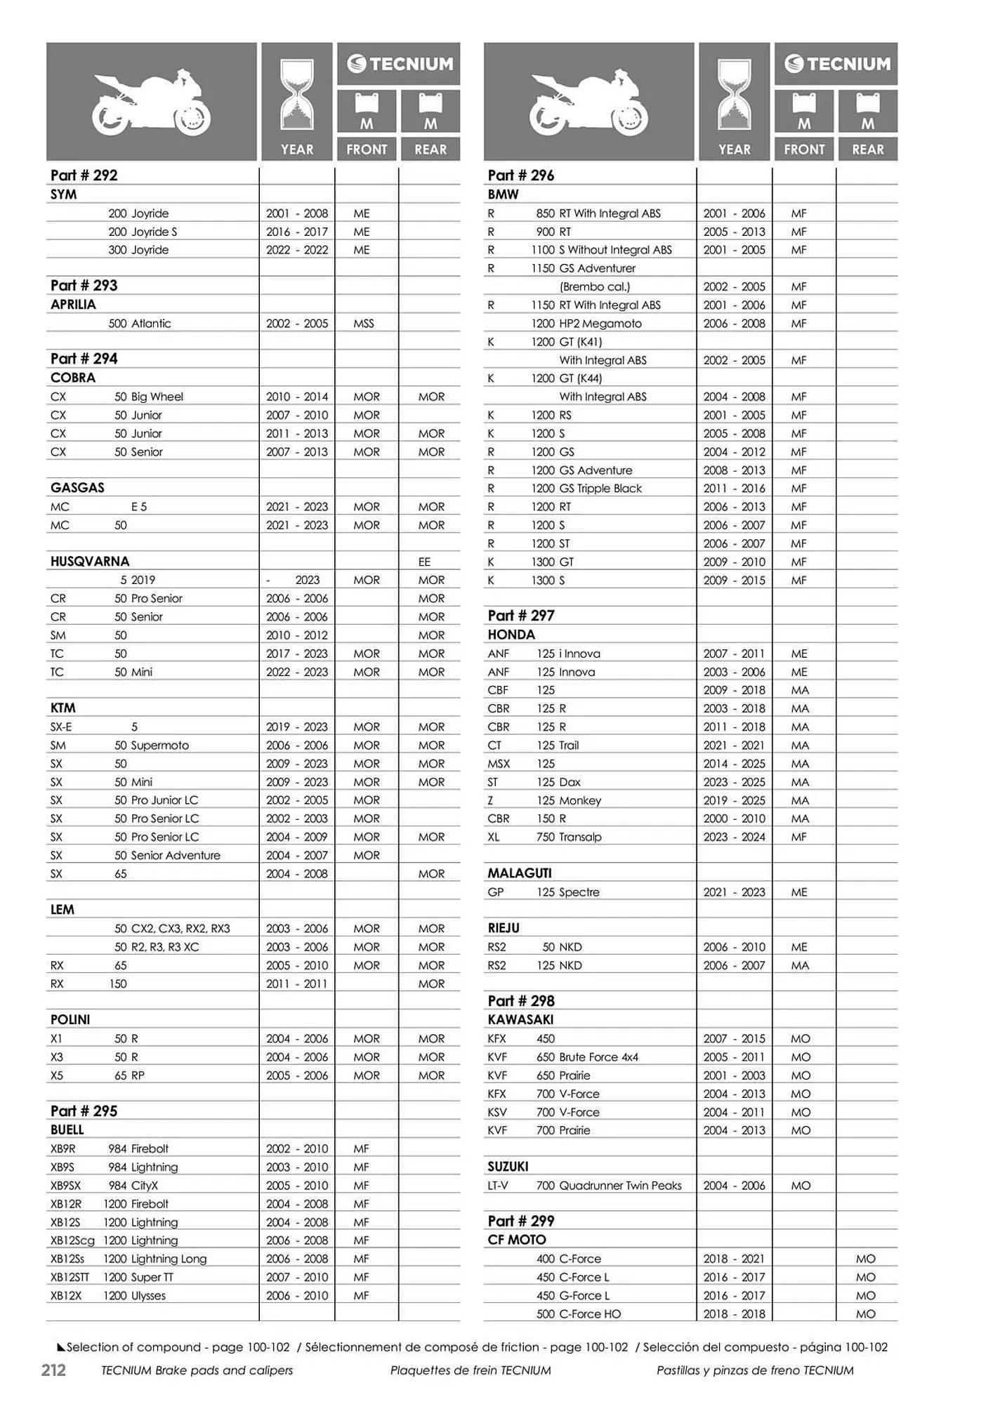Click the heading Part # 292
(x=84, y=175)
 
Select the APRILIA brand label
(x=73, y=305)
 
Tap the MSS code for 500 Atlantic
(x=364, y=324)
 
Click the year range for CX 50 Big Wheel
(x=296, y=397)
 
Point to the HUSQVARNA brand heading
(x=90, y=562)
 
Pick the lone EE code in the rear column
(x=424, y=562)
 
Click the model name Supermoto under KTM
(x=160, y=746)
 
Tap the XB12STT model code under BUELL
(x=70, y=1277)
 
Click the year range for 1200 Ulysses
(x=296, y=1295)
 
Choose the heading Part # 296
(x=521, y=175)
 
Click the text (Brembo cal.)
(x=595, y=286)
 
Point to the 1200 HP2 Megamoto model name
(x=586, y=324)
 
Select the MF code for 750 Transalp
(x=798, y=837)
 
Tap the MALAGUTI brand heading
(x=520, y=873)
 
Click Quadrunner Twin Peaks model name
(x=620, y=1185)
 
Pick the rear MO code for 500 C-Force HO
(x=865, y=1313)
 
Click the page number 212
(x=53, y=1370)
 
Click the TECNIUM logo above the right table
(x=836, y=64)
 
